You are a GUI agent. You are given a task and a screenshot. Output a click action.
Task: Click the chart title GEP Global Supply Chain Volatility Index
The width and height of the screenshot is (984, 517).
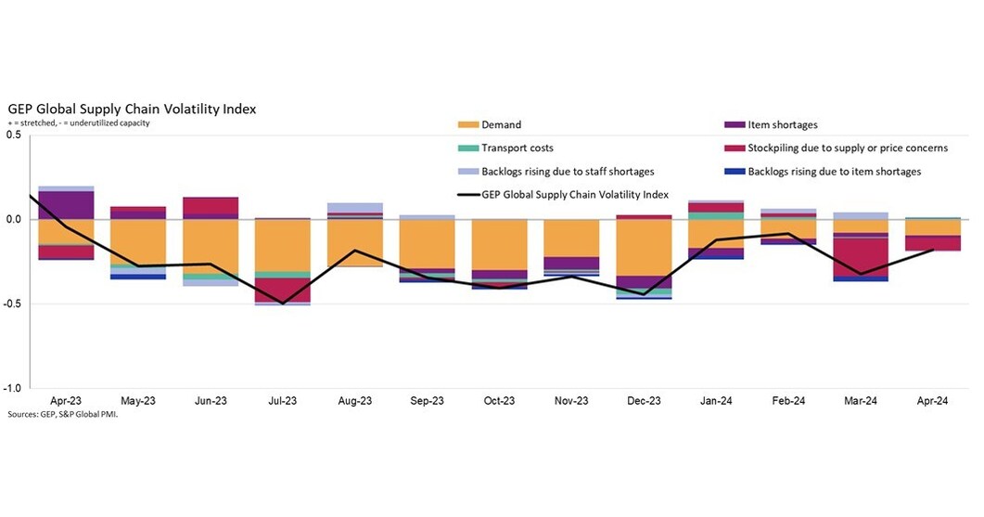tap(132, 109)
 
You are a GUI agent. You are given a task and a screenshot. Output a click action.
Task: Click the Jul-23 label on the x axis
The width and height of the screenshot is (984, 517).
tap(283, 401)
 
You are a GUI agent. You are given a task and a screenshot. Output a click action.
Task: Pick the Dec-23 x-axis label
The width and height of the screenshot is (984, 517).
tap(644, 401)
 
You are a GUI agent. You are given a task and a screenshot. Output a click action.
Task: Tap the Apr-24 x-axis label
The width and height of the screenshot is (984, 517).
tap(932, 401)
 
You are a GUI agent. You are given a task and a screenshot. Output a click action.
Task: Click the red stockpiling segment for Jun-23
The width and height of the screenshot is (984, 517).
tap(211, 206)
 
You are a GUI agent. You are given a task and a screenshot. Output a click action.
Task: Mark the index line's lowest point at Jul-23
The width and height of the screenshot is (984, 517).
tap(283, 304)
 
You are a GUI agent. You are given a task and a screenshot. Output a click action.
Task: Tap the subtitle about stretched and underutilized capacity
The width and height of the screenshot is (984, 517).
tap(80, 123)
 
